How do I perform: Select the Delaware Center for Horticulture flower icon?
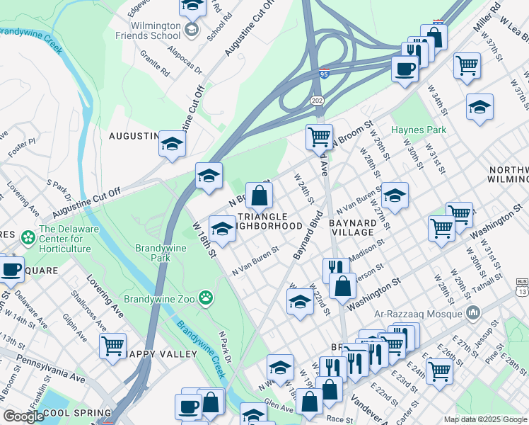click(28, 237)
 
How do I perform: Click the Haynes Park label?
click(419, 130)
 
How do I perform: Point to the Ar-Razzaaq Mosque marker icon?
click(473, 312)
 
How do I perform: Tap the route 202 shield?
click(316, 101)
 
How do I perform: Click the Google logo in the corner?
click(24, 416)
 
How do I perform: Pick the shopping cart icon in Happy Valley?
click(112, 346)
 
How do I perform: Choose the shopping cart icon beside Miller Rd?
click(467, 66)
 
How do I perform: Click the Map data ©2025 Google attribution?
click(486, 419)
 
